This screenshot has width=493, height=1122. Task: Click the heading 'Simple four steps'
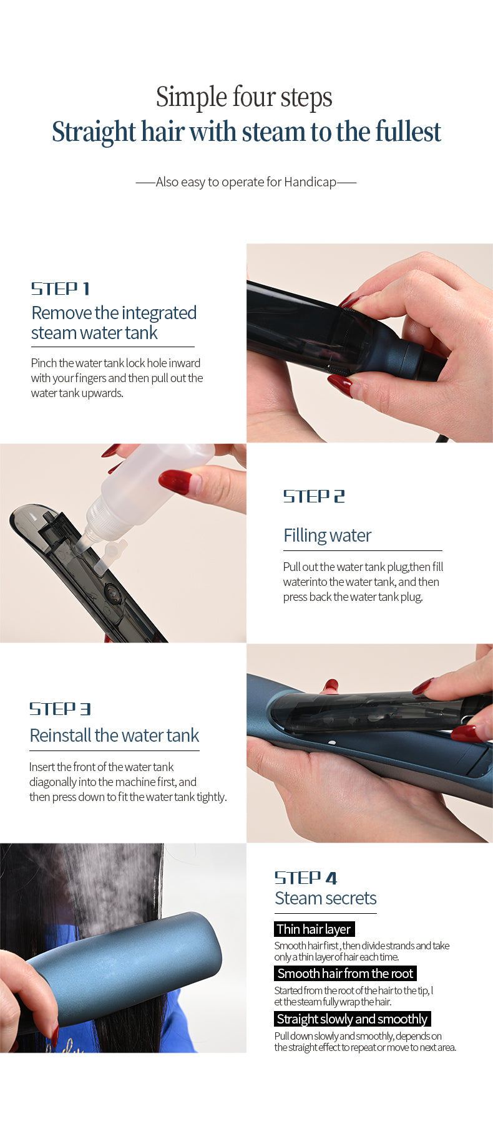(x=244, y=97)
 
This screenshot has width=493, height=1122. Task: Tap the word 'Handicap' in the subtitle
(x=310, y=182)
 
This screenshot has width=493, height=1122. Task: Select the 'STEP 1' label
(x=61, y=289)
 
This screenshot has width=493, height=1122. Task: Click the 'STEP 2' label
(x=314, y=496)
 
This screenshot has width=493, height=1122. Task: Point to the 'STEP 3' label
(x=60, y=709)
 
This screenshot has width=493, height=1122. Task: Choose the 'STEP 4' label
(x=306, y=878)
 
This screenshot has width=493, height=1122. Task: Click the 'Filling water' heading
(x=327, y=535)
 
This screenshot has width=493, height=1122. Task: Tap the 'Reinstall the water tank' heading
(x=114, y=736)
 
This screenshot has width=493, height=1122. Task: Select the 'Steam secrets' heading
(x=325, y=898)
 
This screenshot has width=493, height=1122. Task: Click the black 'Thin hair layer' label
(x=314, y=929)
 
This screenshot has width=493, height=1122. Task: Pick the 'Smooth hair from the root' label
(x=345, y=974)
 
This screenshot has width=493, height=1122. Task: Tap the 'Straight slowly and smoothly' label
(x=352, y=1019)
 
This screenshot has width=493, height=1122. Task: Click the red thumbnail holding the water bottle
(x=175, y=482)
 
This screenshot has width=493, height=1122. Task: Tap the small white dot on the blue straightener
(x=332, y=743)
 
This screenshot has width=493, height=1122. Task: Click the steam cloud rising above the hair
(x=106, y=885)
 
